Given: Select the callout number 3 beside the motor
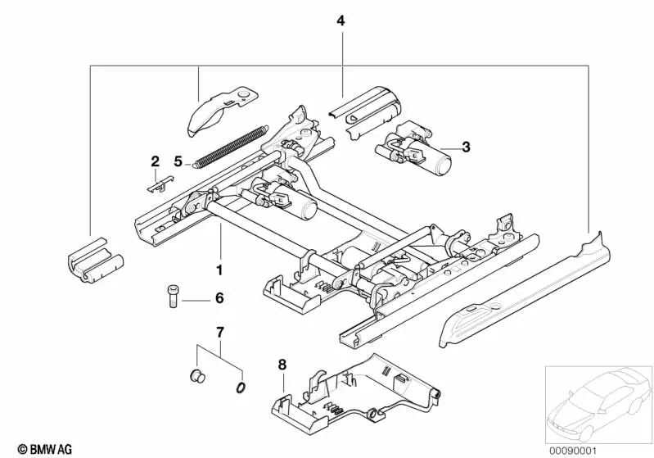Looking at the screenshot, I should click(465, 147).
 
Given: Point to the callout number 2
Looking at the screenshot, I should click(153, 161).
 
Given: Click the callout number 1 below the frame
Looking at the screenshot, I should click(219, 269).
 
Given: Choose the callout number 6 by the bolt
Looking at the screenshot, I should click(219, 299).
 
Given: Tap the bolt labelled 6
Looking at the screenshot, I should click(173, 296).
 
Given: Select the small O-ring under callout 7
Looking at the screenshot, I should click(241, 387).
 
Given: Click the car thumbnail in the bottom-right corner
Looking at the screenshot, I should click(598, 402).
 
